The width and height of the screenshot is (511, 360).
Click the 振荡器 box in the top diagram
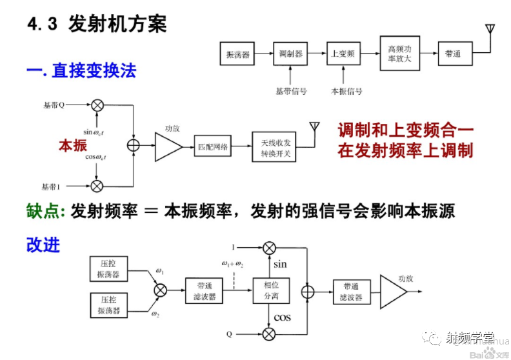point(236,54)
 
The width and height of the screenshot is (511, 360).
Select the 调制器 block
point(290,54)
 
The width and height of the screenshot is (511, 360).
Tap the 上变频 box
point(343,54)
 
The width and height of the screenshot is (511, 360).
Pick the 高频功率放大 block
point(404,54)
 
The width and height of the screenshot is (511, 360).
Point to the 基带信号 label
point(291,91)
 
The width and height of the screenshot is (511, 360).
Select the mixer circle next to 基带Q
point(97,105)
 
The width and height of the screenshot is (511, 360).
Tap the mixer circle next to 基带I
point(97,186)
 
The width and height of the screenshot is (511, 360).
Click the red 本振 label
point(72,146)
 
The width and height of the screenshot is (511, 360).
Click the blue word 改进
point(43,245)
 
